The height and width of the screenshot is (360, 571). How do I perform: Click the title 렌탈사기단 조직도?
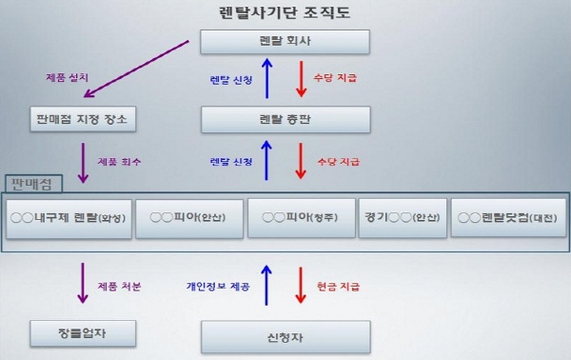pyautogui.click(x=285, y=11)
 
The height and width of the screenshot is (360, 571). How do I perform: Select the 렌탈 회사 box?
pyautogui.click(x=285, y=41)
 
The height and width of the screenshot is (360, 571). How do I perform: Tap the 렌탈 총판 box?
pyautogui.click(x=285, y=119)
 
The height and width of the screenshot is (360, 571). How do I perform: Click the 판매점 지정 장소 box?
pyautogui.click(x=83, y=119)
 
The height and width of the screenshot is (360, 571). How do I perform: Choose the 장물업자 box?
pyautogui.click(x=83, y=332)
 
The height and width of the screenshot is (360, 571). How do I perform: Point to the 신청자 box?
pyautogui.click(x=285, y=336)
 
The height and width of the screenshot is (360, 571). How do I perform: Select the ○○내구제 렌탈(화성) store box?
pyautogui.click(x=69, y=217)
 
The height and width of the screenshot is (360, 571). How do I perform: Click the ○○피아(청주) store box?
pyautogui.click(x=301, y=217)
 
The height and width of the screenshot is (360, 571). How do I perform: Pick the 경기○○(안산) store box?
pyautogui.click(x=402, y=217)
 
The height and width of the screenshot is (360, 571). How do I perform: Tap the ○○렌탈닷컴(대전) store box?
pyautogui.click(x=507, y=217)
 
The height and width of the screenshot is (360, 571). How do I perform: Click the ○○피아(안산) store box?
pyautogui.click(x=188, y=217)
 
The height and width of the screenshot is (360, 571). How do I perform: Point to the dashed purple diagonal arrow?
pyautogui.click(x=139, y=67)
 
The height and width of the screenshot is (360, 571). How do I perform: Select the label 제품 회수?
pyautogui.click(x=118, y=162)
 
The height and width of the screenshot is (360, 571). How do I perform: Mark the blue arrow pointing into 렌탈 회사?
pyautogui.click(x=267, y=80)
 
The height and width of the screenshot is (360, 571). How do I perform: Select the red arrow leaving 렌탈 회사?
pyautogui.click(x=301, y=80)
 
